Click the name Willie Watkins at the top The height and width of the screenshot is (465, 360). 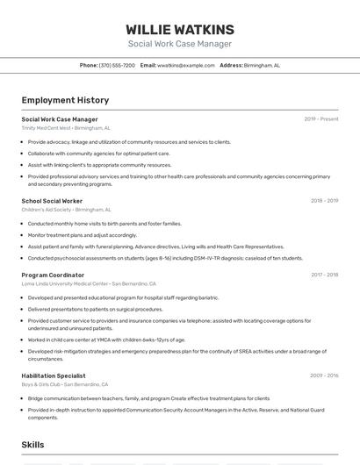tap(180, 29)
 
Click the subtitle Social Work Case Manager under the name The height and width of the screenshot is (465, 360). tap(180, 44)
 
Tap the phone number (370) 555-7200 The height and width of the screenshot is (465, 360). tap(117, 66)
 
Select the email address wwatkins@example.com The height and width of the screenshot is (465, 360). tap(186, 66)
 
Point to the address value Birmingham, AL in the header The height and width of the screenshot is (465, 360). tap(262, 66)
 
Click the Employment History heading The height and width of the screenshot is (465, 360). tap(65, 101)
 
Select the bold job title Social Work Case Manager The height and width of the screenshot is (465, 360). tap(60, 119)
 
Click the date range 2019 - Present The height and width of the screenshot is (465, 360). tap(321, 119)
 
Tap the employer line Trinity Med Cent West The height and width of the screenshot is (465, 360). tap(66, 128)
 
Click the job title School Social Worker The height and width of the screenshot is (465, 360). tap(52, 201)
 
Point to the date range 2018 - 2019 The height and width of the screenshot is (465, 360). tap(324, 201)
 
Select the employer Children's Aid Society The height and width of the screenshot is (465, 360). tap(66, 210)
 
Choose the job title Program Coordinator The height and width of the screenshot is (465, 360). tap(53, 275)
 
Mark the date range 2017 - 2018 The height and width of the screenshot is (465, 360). tap(324, 275)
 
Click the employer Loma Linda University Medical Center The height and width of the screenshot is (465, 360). tap(88, 283)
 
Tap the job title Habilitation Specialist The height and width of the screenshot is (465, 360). tap(54, 376)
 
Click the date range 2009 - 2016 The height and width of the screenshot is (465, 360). tap(324, 376)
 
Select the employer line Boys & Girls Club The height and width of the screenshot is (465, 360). tap(65, 384)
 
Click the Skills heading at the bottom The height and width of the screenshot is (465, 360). tap(33, 446)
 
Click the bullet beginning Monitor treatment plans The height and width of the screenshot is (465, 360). tap(83, 235)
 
